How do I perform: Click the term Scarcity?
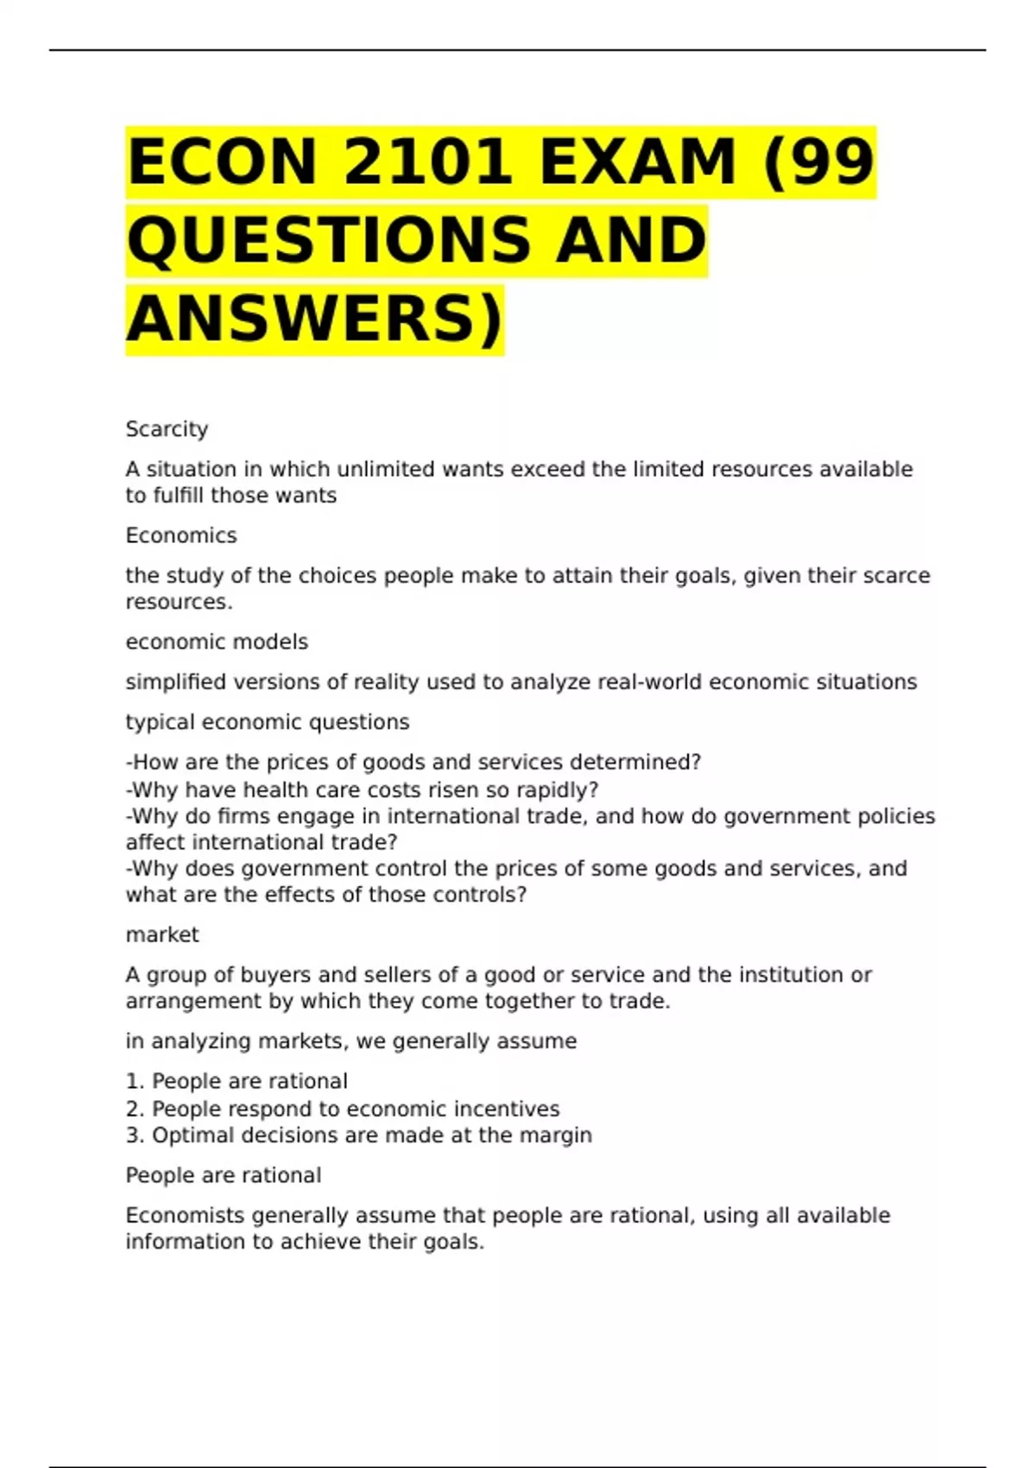pos(167,429)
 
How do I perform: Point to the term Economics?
pos(180,535)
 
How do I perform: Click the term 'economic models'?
pos(217,642)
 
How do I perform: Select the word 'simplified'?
pos(175,682)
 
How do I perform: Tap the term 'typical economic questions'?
pos(268,722)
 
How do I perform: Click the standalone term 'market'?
pos(162,934)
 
